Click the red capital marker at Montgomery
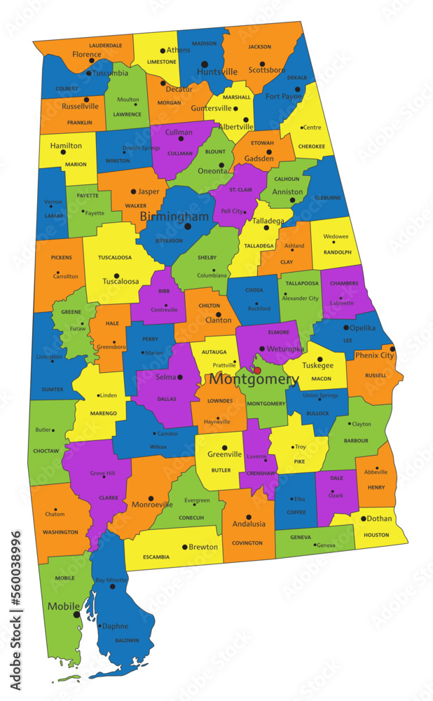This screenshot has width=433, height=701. coord(257,370)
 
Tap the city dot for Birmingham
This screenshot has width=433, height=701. coord(187,226)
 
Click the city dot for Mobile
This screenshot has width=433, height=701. coord(76,615)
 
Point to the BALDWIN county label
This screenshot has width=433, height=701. coord(128,640)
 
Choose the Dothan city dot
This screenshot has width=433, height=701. coord(364,519)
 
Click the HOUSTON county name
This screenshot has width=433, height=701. coord(376,535)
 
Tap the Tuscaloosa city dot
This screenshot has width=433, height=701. coord(117,275)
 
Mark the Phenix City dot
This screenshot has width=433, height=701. coord(392,348)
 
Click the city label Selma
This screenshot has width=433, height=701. coord(165,377)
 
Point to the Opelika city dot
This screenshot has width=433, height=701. coord(346,327)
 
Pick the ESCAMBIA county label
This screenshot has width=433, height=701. coord(156,557)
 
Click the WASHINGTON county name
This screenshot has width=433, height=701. coord(60,532)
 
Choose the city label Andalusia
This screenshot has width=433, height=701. coord(249,524)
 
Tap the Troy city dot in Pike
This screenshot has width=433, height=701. coord(294,447)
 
